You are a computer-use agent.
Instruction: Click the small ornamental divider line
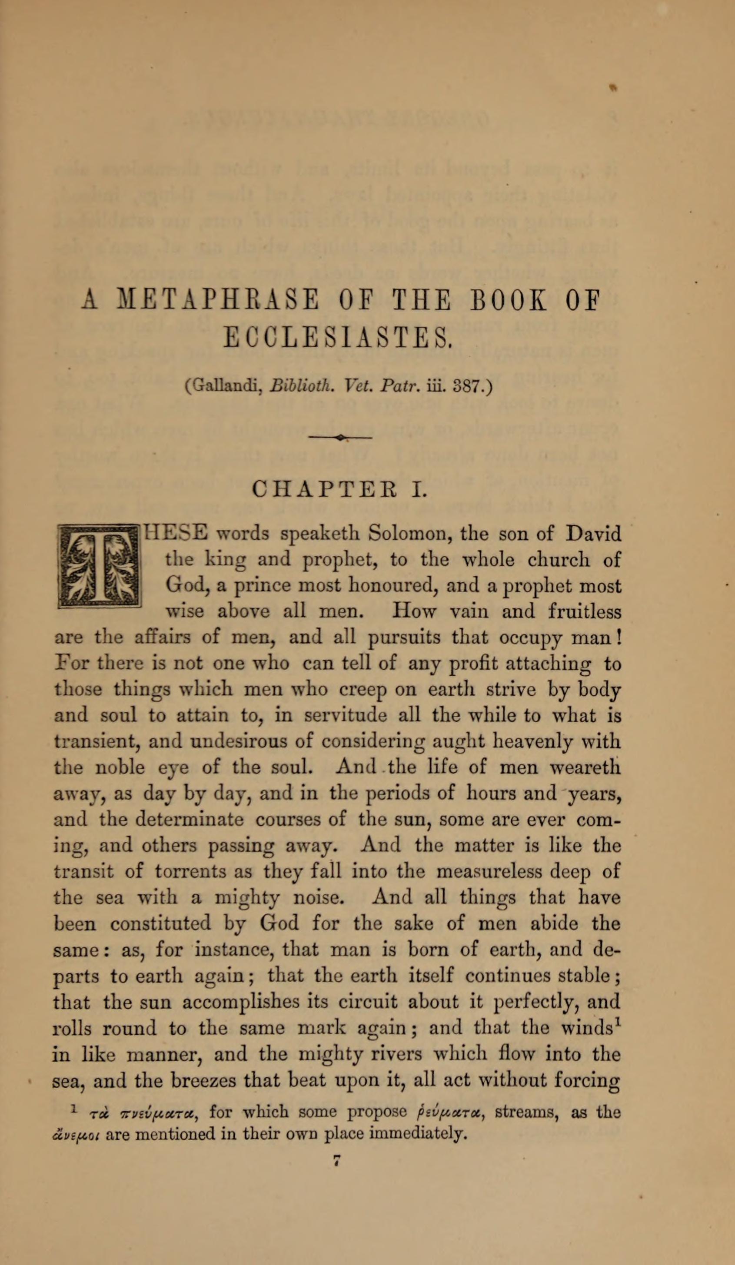[340, 438]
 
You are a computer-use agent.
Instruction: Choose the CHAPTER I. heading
[340, 488]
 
